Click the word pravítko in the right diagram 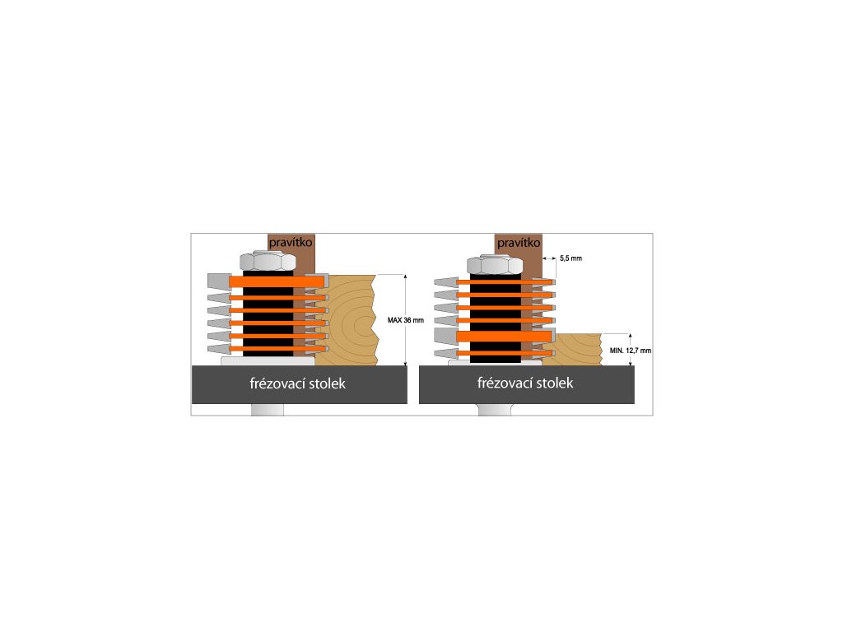(x=519, y=243)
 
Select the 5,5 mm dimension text (x=571, y=258)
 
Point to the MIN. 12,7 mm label (x=631, y=350)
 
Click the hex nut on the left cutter (x=268, y=262)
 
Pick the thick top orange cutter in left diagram (x=276, y=281)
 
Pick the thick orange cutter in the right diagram (x=503, y=337)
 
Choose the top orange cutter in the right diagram (x=503, y=282)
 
